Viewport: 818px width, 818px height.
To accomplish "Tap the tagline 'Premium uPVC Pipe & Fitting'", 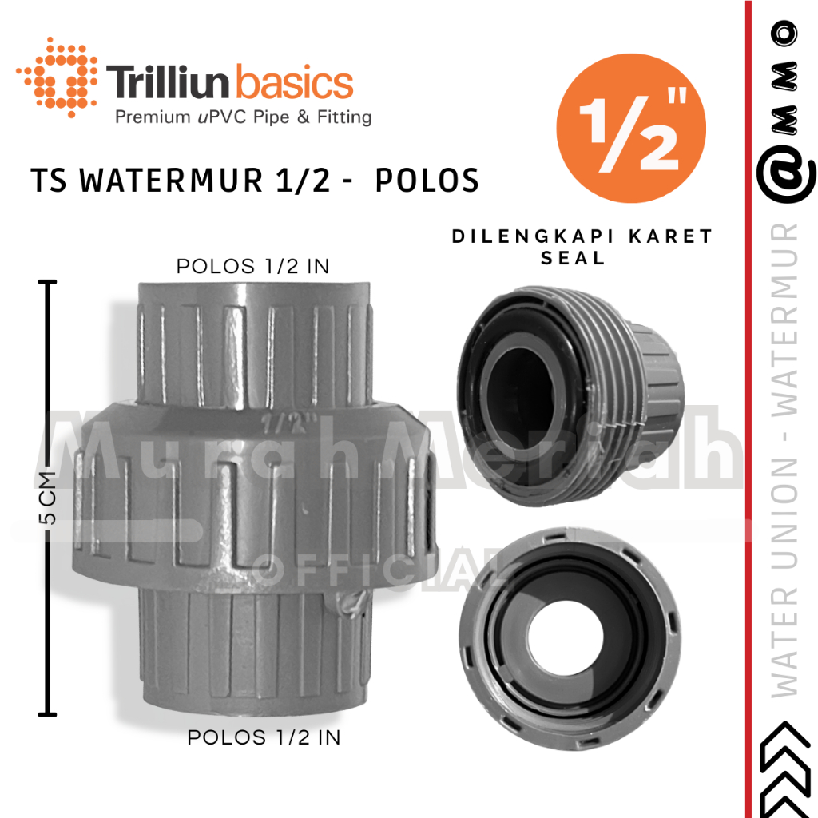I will (244, 118).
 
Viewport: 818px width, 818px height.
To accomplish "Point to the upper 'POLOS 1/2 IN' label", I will (252, 267).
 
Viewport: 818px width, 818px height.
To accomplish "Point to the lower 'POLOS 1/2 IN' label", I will (264, 737).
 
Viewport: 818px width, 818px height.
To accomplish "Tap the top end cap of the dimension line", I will (50, 282).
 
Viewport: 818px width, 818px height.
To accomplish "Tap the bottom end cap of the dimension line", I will (50, 713).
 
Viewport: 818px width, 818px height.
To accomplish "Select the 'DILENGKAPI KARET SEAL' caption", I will (582, 247).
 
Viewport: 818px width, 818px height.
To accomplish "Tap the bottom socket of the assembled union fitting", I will (256, 647).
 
